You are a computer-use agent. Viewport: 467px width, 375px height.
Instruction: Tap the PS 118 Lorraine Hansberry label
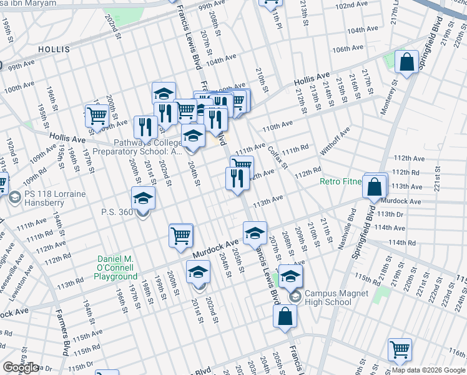(x=56, y=199)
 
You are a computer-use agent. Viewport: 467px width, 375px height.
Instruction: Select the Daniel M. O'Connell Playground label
(x=117, y=267)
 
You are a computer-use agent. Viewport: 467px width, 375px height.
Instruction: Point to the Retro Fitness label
(x=341, y=182)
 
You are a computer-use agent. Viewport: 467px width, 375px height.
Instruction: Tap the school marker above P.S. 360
(x=143, y=199)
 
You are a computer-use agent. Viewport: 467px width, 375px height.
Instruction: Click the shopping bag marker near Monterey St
(x=406, y=62)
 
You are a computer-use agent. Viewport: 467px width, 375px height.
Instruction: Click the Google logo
(x=21, y=367)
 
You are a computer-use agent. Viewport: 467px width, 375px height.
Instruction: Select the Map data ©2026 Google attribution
(x=428, y=370)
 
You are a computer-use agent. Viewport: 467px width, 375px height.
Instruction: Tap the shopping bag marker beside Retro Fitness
(x=375, y=186)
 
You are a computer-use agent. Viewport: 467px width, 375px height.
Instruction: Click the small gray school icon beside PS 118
(x=14, y=199)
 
